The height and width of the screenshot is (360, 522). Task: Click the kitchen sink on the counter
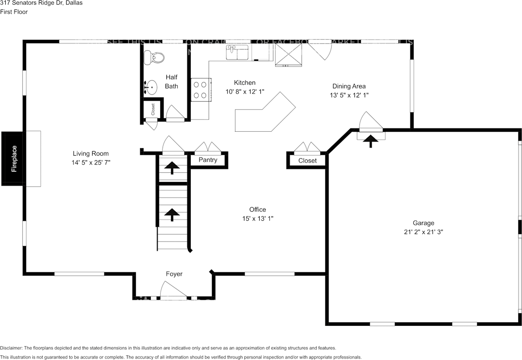237,52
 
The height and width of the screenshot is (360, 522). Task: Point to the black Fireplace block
14,159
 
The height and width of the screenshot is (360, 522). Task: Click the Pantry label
208,160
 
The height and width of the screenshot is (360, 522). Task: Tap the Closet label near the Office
307,161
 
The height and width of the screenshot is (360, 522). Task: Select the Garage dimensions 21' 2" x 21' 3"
423,232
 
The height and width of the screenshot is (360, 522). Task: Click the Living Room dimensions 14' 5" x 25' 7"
91,162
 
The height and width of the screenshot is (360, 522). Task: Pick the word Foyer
174,274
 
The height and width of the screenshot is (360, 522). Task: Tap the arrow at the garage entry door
370,141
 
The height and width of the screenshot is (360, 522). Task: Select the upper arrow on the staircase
172,167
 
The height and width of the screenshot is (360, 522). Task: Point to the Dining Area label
349,86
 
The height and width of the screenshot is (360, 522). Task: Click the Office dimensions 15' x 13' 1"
257,219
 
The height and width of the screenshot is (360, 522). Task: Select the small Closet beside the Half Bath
153,109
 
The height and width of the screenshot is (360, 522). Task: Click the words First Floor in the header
14,12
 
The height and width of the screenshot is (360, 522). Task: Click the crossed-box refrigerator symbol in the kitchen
288,54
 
